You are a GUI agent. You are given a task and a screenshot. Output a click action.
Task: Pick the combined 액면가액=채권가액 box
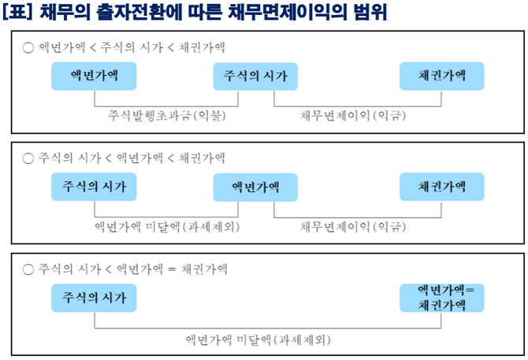click(442, 297)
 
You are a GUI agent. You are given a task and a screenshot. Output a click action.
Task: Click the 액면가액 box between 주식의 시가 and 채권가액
click(255, 187)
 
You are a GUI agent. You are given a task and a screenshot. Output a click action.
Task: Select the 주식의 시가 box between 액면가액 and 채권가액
click(255, 76)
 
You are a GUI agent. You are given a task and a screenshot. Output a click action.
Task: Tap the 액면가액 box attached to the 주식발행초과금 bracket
click(94, 76)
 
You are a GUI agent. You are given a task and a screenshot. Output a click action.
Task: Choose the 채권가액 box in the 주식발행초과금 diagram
click(442, 76)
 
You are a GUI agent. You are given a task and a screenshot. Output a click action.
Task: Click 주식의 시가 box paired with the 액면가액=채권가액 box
click(94, 297)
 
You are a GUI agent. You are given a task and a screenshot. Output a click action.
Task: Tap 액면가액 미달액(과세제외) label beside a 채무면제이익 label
click(166, 227)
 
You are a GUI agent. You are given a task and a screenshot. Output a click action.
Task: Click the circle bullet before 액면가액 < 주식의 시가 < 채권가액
click(28, 46)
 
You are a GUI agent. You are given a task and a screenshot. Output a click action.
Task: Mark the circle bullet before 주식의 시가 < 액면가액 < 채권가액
click(28, 158)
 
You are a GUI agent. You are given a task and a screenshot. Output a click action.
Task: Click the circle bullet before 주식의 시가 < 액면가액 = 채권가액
click(28, 269)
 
